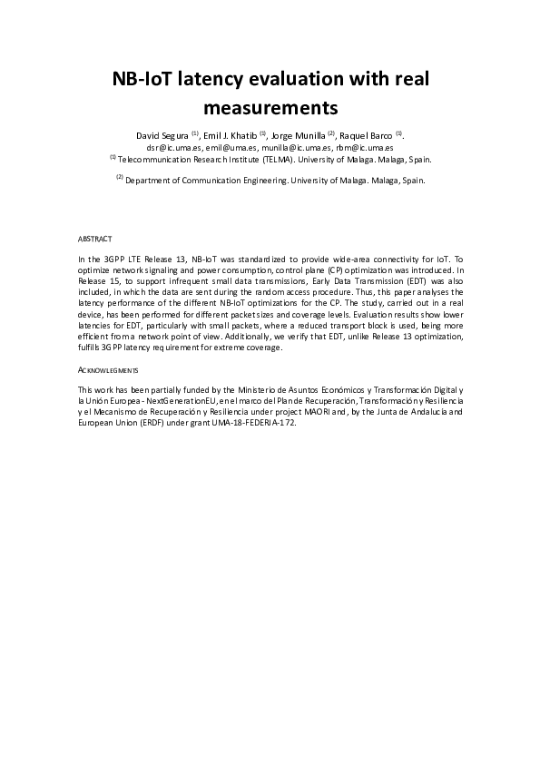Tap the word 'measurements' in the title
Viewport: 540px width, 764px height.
tap(270, 109)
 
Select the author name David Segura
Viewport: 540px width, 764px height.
tap(162, 135)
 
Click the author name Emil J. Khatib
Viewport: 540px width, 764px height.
tap(230, 135)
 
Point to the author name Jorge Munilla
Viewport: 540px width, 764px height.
tap(299, 135)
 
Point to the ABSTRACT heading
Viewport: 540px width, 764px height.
tap(95, 240)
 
